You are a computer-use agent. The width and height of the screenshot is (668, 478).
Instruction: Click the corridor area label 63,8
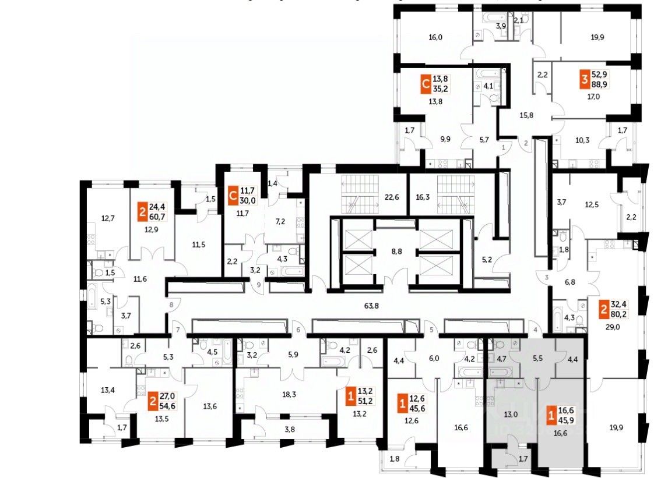tap(372, 303)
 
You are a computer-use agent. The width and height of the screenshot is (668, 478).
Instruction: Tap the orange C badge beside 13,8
tap(426, 86)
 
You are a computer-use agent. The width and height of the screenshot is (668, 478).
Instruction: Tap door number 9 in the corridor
tap(259, 285)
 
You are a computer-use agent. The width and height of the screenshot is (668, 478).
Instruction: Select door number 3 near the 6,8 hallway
tap(547, 277)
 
